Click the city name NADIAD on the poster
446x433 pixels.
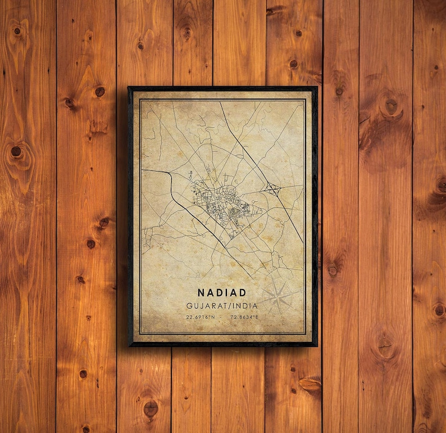[221, 293]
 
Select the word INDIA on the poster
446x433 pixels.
[246, 306]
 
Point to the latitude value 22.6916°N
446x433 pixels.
[201, 318]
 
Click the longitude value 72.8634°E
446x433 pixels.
[244, 318]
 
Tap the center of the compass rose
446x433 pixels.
[278, 297]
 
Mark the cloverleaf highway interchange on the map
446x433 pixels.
[273, 188]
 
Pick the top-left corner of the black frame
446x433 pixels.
[129, 88]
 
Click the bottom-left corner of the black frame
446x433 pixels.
[129, 345]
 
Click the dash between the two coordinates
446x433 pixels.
[222, 318]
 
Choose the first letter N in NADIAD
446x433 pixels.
[201, 293]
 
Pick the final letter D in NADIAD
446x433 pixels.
[242, 293]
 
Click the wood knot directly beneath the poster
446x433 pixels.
[151, 408]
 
